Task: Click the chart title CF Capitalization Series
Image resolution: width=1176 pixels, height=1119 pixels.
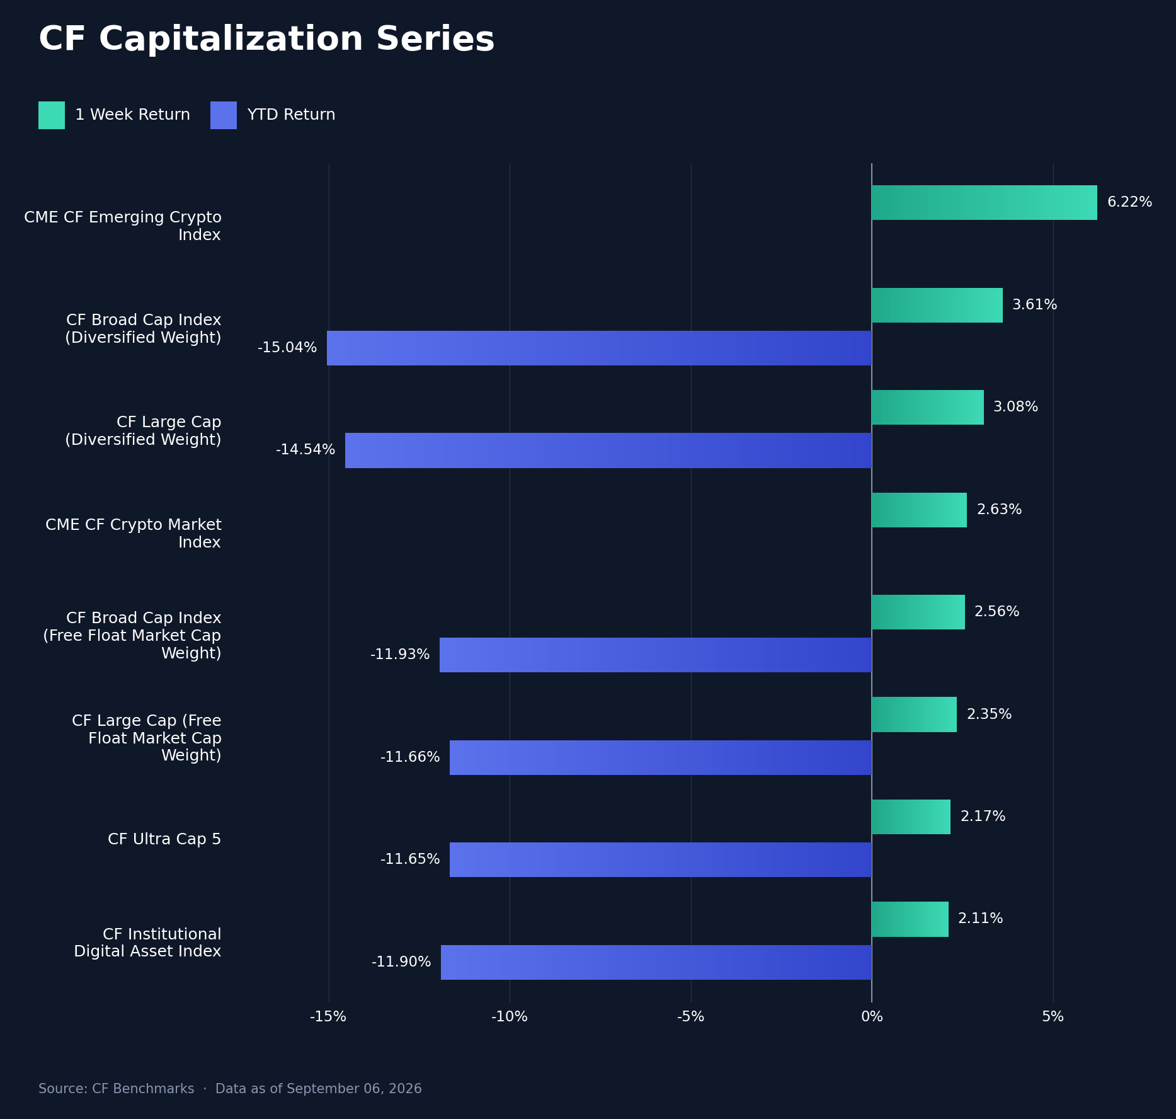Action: click(x=266, y=40)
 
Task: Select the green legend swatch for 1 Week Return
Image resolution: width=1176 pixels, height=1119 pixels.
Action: click(x=52, y=115)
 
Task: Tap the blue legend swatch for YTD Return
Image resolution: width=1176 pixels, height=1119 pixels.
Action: click(x=224, y=115)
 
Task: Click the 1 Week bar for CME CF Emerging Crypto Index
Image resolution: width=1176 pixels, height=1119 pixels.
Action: click(x=985, y=202)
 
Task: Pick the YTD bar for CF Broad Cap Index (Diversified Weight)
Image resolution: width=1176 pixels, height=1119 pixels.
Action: click(x=599, y=348)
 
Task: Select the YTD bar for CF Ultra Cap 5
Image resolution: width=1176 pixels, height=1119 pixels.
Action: click(x=661, y=859)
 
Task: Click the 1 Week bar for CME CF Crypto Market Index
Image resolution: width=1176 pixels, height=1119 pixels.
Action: click(x=919, y=510)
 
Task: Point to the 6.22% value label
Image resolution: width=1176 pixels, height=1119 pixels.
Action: click(x=1129, y=202)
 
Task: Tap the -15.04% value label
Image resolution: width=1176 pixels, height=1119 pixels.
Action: click(x=287, y=348)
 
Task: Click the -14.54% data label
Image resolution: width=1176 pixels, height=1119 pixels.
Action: click(x=305, y=450)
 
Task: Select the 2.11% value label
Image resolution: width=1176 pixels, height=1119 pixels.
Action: click(x=981, y=919)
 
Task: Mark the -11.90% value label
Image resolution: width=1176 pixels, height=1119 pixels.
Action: click(x=401, y=962)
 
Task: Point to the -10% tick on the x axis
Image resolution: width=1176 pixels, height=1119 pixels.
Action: click(x=510, y=1016)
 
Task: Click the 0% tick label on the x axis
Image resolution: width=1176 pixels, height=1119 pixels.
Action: click(x=872, y=1016)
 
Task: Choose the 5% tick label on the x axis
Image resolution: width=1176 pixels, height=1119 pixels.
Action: click(x=1053, y=1016)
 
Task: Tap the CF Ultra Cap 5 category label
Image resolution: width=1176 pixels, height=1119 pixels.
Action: click(x=164, y=839)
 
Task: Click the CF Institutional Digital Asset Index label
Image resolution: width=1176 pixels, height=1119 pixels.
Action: click(x=147, y=943)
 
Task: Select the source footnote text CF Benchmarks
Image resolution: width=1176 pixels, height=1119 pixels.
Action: click(x=143, y=1089)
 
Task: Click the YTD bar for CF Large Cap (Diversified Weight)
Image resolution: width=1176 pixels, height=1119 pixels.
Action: click(x=608, y=450)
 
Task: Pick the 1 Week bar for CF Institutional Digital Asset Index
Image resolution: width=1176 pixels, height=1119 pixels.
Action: click(x=910, y=919)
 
